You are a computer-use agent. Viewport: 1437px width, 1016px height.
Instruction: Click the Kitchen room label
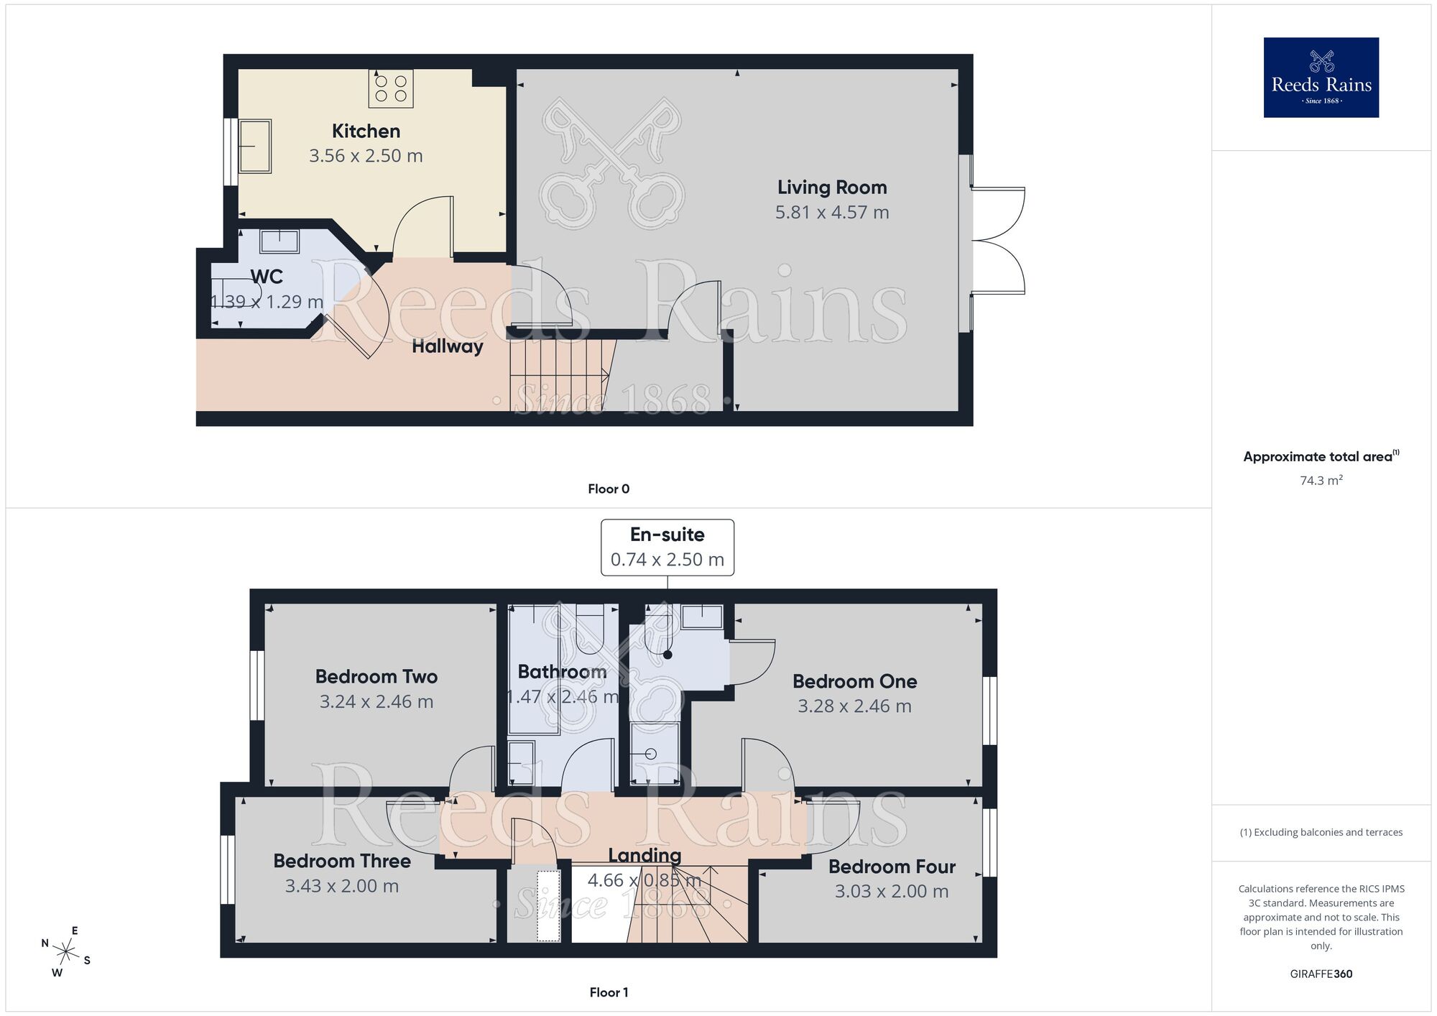(366, 131)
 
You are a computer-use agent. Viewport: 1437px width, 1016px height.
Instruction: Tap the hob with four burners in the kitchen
(391, 88)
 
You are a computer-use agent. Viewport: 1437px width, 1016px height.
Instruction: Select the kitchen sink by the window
(255, 147)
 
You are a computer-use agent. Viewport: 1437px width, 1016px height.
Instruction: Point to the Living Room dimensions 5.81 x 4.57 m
(832, 213)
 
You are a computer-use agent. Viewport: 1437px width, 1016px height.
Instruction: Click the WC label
(267, 277)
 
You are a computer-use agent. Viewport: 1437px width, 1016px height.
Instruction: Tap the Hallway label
(447, 346)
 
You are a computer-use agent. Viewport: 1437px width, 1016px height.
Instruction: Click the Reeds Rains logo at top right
(1321, 78)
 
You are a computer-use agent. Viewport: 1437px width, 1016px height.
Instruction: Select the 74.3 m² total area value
(1321, 481)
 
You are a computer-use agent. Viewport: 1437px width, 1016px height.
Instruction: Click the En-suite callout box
(667, 547)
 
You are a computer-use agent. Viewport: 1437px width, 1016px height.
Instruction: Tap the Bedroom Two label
(376, 677)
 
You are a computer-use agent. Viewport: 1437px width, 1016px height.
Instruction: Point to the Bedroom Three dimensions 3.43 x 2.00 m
(341, 886)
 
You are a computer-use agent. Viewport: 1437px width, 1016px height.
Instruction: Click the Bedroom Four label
(891, 867)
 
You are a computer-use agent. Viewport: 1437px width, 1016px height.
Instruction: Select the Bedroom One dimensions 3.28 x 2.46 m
(854, 706)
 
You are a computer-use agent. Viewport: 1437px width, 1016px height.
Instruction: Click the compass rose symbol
(66, 953)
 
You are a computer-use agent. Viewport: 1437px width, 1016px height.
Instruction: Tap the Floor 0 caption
(608, 489)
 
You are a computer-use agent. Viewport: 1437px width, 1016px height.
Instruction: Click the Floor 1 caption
(608, 992)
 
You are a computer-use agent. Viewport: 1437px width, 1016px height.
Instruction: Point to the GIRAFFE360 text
(1321, 974)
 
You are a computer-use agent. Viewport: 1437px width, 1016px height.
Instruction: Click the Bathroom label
(562, 672)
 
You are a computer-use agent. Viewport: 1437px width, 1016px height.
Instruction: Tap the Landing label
(644, 855)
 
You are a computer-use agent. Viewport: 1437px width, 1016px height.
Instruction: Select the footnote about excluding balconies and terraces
(1321, 833)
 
